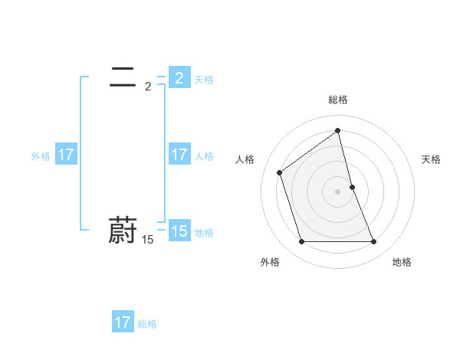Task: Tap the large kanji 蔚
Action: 123,230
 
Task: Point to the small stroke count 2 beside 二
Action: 147,87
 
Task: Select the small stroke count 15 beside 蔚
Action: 147,240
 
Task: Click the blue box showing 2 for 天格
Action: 179,78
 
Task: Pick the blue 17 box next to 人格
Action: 179,155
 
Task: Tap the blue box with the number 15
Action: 179,231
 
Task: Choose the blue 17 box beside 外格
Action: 66,155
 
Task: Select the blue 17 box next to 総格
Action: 123,322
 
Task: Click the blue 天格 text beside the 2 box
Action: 204,80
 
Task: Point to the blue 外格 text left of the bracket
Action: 41,156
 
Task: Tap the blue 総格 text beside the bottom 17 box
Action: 147,324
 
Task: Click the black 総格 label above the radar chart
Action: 338,100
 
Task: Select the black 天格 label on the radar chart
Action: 432,159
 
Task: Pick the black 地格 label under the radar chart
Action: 402,262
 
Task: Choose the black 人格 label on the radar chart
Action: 245,159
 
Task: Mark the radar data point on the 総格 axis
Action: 338,131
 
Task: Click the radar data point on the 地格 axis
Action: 374,242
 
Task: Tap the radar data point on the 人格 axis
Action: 280,172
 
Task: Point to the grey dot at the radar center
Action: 338,191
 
